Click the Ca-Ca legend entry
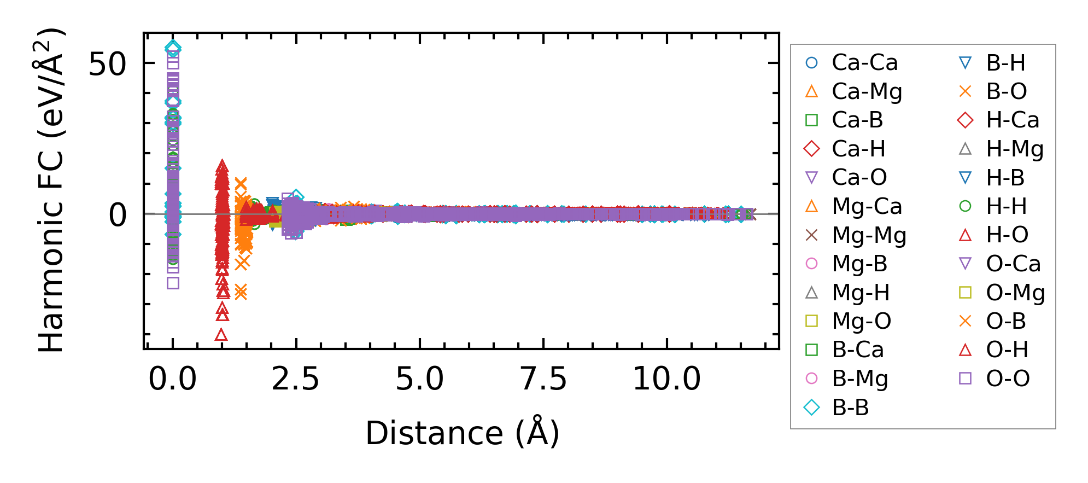[x=864, y=63]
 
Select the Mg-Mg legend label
[x=869, y=236]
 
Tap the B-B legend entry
[x=850, y=408]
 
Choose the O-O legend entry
[x=1008, y=379]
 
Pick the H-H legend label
[x=1006, y=206]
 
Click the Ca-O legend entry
[x=859, y=178]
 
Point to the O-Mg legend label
[x=1015, y=293]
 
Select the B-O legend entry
[x=1006, y=92]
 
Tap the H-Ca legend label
[x=1012, y=120]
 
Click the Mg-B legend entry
[x=859, y=264]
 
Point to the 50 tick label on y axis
[x=107, y=65]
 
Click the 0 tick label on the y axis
[x=118, y=215]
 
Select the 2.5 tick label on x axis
[x=295, y=379]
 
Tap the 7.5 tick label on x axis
[x=543, y=379]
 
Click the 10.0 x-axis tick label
[x=666, y=379]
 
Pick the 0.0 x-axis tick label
[x=172, y=379]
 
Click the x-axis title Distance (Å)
[x=462, y=434]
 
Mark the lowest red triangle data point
[x=221, y=335]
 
